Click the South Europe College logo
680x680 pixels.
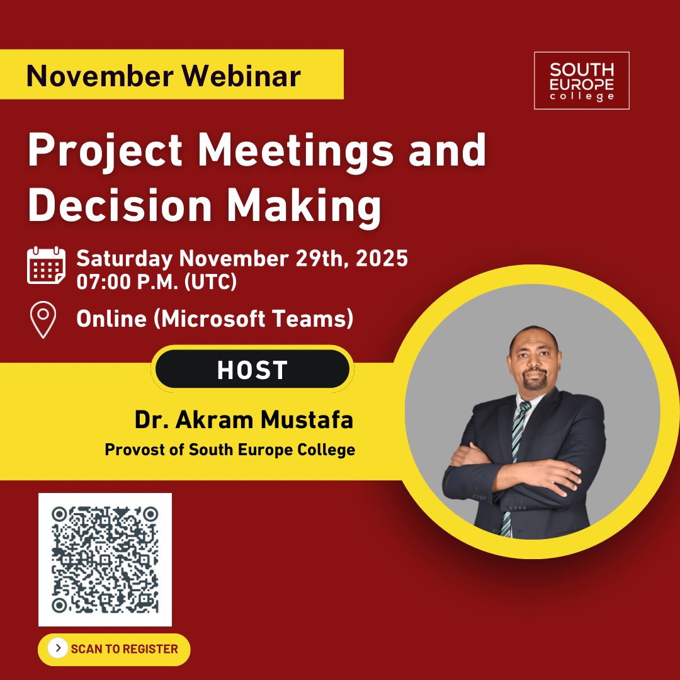click(581, 80)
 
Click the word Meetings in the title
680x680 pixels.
click(301, 152)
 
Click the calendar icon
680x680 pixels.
click(46, 266)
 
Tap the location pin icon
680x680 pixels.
click(43, 320)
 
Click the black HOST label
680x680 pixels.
click(252, 370)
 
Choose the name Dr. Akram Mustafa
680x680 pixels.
click(244, 420)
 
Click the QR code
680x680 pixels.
click(105, 560)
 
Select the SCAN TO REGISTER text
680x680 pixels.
click(124, 649)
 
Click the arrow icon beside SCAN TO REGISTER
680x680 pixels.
click(58, 649)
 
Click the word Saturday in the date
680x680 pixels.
click(124, 258)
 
